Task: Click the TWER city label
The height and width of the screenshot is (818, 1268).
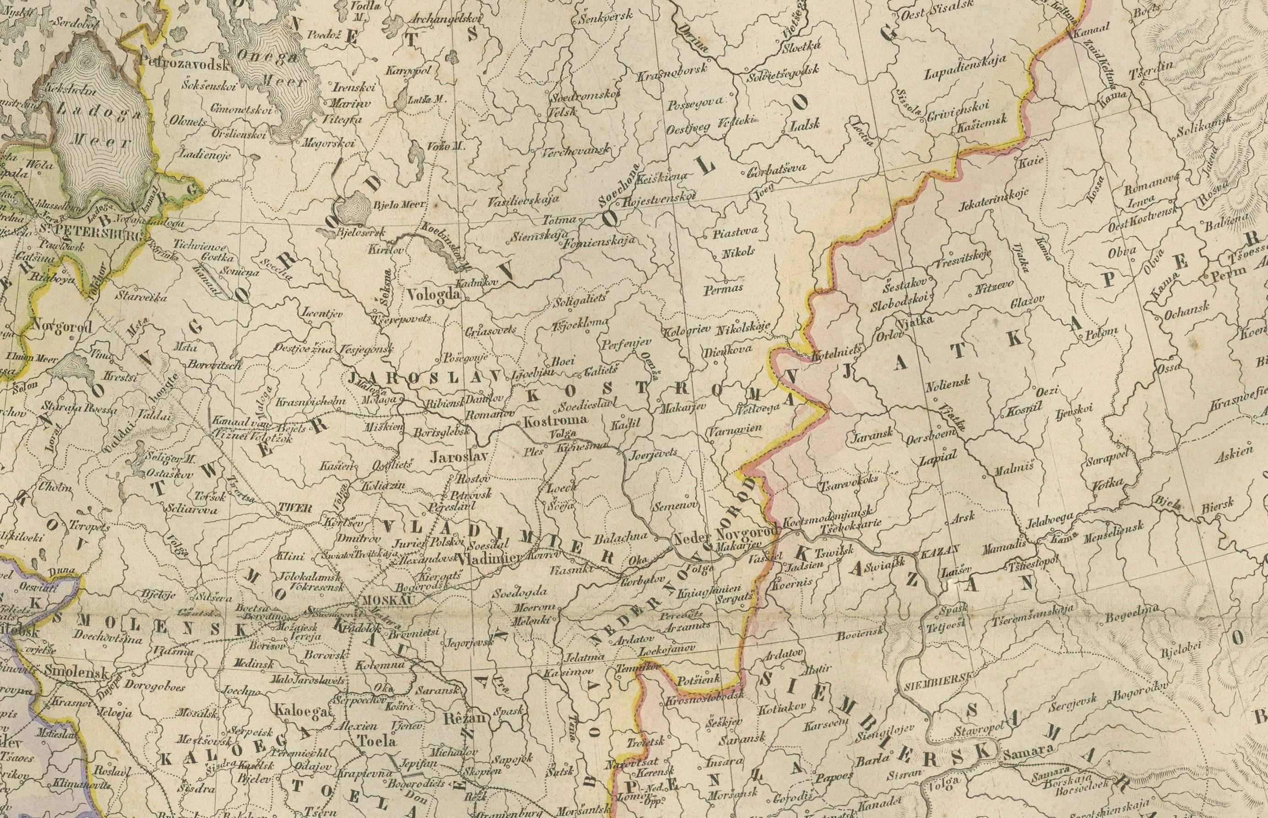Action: pyautogui.click(x=295, y=507)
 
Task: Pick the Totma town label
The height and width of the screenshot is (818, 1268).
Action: pyautogui.click(x=558, y=218)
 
